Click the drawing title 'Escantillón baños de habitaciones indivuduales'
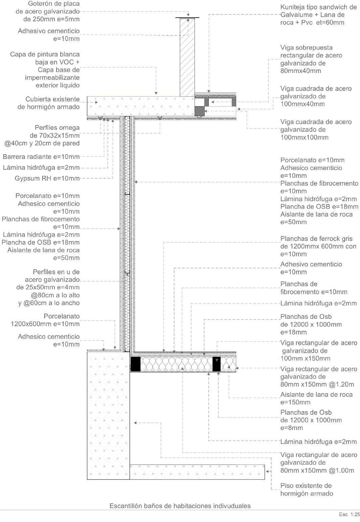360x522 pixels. (180, 506)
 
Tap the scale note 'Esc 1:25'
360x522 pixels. (349, 515)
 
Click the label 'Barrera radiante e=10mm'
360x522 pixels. (41, 157)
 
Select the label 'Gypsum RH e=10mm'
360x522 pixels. (47, 179)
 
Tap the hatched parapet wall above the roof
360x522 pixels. (187, 57)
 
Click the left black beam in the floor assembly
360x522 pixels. (135, 364)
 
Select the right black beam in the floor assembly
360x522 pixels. (216, 364)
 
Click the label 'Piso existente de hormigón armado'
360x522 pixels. (306, 490)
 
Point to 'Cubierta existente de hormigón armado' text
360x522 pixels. (49, 103)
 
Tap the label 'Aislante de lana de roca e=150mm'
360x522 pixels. (316, 398)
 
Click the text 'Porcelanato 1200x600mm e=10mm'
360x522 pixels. (45, 320)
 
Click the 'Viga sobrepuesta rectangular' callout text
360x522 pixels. (311, 59)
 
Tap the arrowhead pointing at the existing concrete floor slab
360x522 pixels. (267, 471)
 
